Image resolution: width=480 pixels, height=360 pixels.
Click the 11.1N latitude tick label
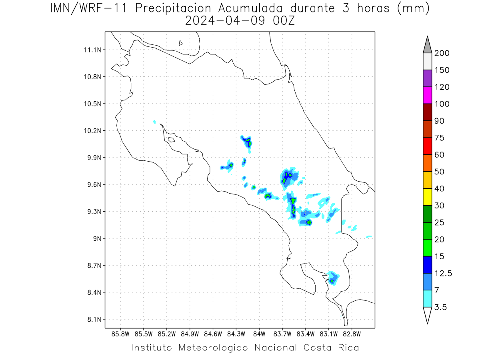click(92, 50)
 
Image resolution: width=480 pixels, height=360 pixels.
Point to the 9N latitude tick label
click(97, 238)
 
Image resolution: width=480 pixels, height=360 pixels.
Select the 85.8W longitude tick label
click(120, 334)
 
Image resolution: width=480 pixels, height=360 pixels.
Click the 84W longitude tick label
click(259, 334)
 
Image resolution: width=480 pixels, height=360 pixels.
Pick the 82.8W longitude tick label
click(352, 334)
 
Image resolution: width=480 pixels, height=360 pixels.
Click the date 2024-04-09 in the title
click(225, 21)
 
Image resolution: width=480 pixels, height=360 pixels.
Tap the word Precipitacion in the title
click(173, 8)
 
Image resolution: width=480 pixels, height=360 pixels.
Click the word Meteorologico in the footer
click(213, 348)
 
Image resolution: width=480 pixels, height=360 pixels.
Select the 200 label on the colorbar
click(442, 53)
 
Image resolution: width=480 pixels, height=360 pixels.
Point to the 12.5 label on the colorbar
click(443, 274)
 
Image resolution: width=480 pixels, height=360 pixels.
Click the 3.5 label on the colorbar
click(440, 307)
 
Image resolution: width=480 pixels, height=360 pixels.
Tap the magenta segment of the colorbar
click(427, 95)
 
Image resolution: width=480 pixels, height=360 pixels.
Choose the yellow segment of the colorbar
click(427, 197)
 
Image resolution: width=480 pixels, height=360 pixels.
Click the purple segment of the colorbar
click(427, 78)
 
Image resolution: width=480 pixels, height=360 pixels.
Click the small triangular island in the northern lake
click(180, 43)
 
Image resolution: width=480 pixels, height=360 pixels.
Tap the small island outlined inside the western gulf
click(171, 140)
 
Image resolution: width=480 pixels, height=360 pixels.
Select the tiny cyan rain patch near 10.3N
click(154, 122)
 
